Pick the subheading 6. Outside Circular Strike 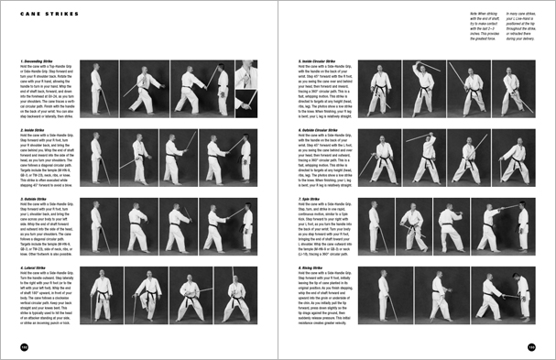click(323, 129)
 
